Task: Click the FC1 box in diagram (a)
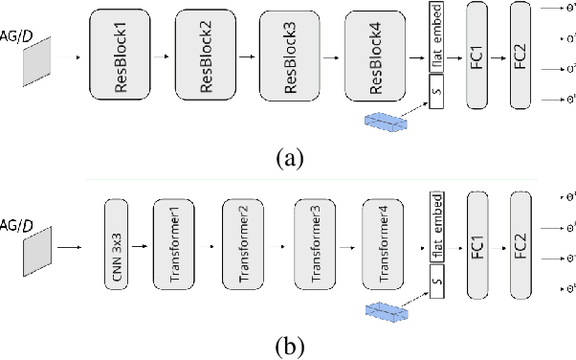(476, 55)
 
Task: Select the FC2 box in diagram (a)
(521, 55)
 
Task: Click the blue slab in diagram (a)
(387, 121)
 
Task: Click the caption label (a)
(289, 157)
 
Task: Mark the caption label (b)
(289, 344)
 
